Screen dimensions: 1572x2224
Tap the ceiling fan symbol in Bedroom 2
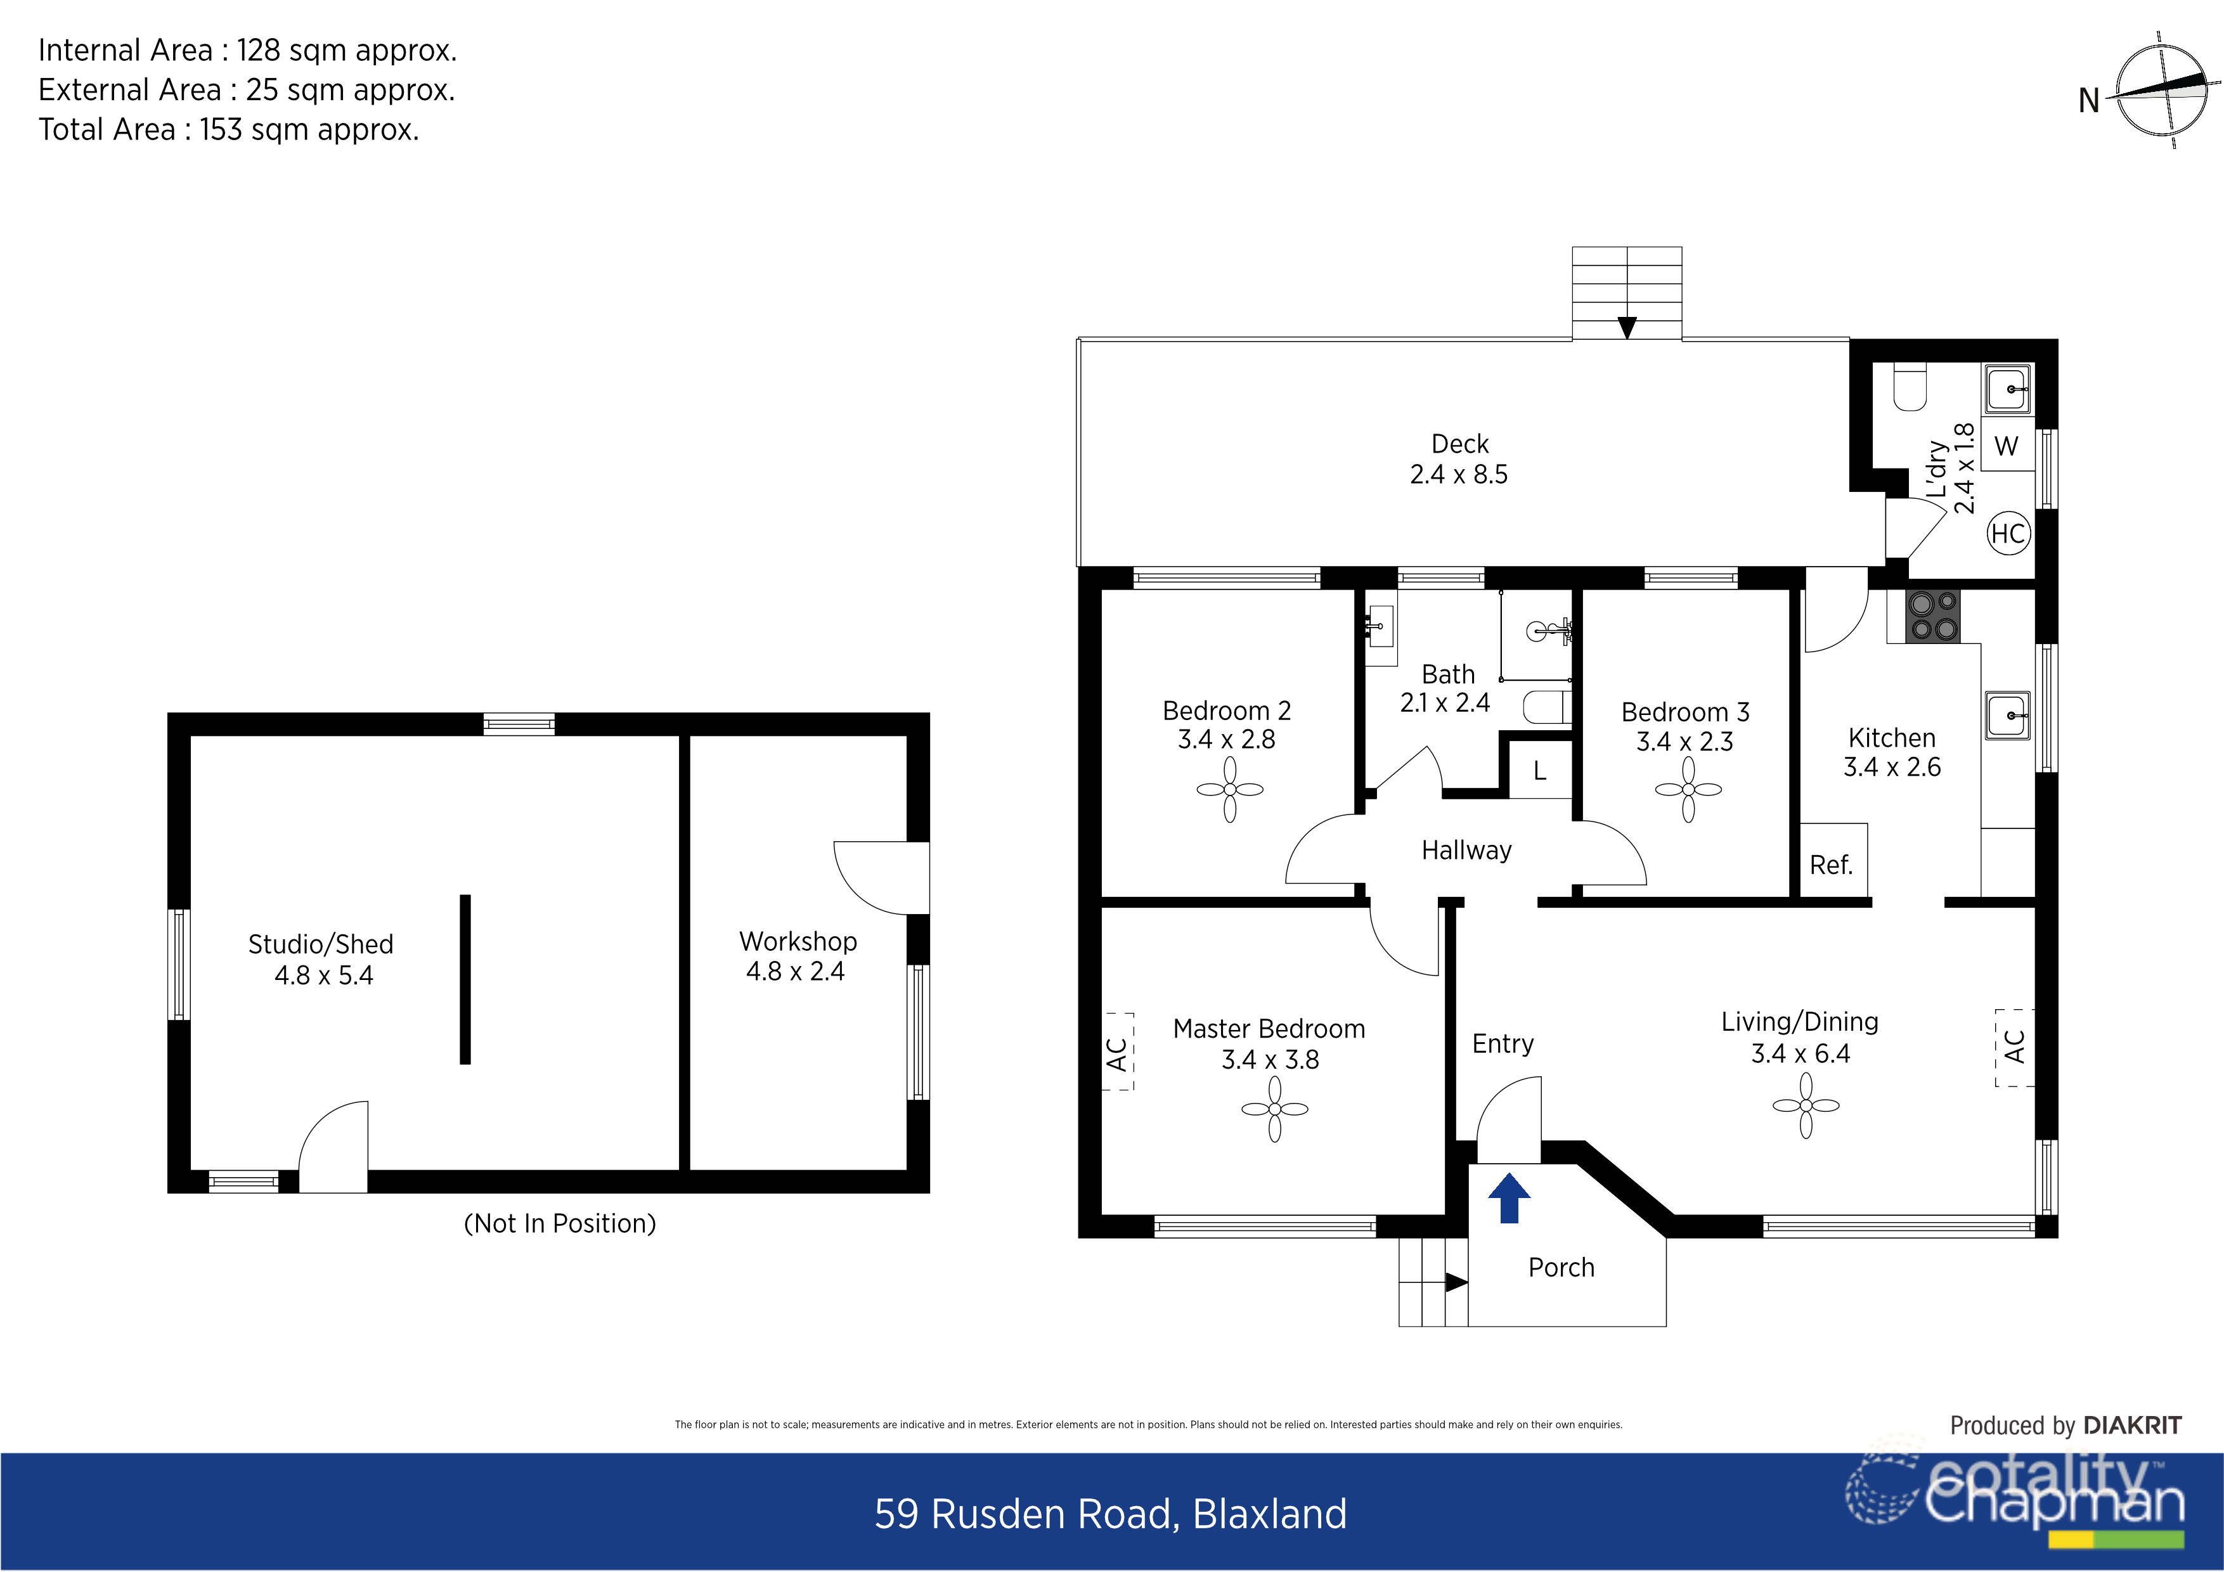1229,789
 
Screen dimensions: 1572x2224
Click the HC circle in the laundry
2008,534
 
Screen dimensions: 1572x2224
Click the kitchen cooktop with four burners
1932,616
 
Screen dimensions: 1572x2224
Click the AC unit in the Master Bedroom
1119,1052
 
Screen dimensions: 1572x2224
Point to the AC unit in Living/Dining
2014,1047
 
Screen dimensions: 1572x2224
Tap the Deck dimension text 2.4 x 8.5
1459,475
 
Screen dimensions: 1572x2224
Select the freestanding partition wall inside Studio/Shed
465,979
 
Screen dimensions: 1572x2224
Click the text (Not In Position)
560,1223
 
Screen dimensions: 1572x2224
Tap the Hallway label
1466,851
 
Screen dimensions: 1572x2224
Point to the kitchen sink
2007,716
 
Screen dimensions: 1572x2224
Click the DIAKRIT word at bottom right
2132,1426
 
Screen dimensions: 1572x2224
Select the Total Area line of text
229,130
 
